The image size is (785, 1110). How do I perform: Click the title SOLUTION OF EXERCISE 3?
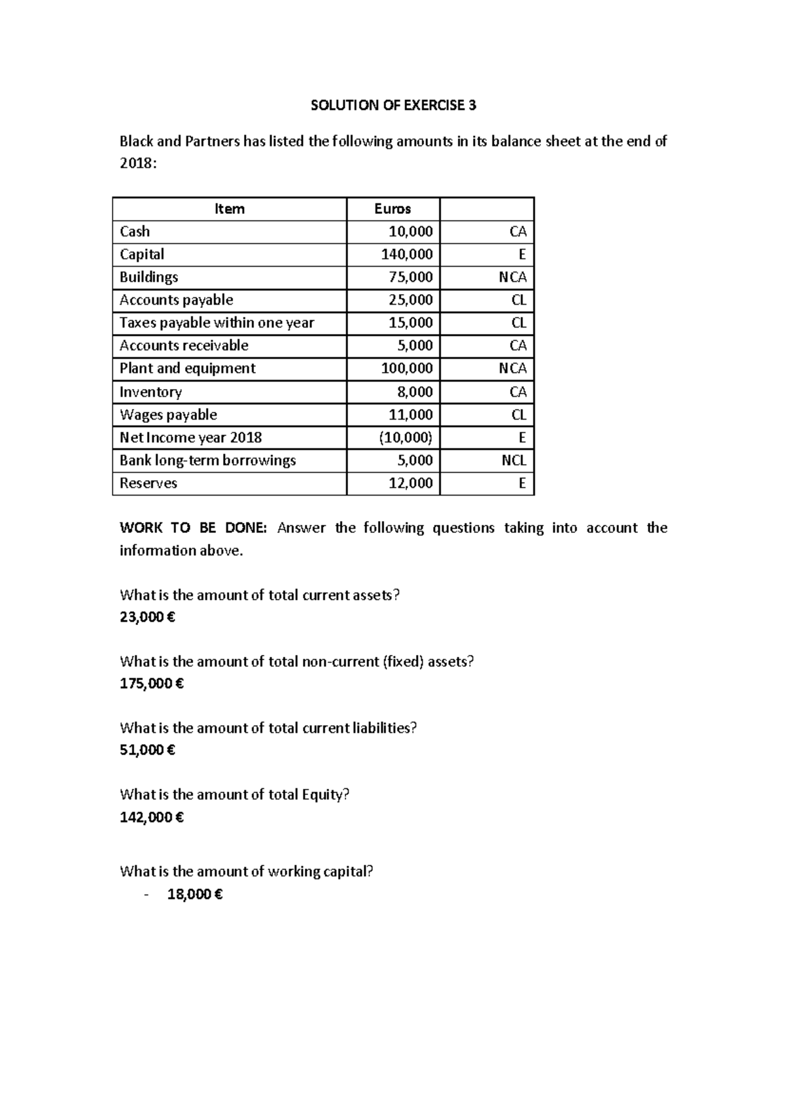tap(393, 106)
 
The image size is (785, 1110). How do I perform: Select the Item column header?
tap(230, 209)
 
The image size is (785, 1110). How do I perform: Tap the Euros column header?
tap(392, 209)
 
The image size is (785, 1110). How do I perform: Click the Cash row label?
tap(135, 231)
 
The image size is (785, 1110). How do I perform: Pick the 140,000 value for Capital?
tap(407, 254)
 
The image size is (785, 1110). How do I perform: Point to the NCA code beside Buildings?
tap(512, 277)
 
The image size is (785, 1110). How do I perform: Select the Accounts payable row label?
tap(176, 300)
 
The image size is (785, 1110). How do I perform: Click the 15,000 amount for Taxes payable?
tap(410, 323)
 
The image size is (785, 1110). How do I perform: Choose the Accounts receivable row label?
tap(184, 346)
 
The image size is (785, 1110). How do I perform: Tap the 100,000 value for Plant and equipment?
tap(407, 369)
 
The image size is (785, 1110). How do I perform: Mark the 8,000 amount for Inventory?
tap(413, 392)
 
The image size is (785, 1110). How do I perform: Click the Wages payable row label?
tap(168, 415)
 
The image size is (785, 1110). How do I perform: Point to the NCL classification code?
tap(514, 461)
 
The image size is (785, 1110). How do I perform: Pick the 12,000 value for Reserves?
tap(410, 484)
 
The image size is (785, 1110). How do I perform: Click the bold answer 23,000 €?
tap(148, 617)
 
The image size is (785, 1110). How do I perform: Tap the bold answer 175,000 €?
tap(152, 684)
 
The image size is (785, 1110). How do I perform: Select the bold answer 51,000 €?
tap(148, 750)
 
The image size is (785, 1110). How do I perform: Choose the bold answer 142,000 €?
tap(152, 817)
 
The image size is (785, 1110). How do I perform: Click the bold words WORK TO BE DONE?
tap(193, 528)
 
